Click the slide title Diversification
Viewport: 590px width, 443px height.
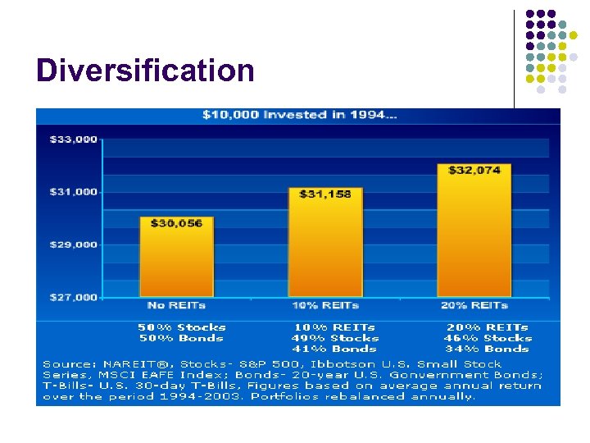tap(145, 71)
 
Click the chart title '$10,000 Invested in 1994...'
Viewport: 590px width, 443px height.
tap(300, 115)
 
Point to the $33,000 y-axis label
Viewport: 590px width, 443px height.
tap(74, 139)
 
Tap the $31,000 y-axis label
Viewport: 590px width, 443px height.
tap(74, 192)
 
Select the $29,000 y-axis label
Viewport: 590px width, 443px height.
tap(74, 244)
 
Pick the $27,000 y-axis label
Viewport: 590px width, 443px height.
tap(74, 297)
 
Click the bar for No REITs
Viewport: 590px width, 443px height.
tap(176, 263)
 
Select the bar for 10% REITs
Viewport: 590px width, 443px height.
tap(325, 246)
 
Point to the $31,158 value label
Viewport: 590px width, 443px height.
tap(325, 194)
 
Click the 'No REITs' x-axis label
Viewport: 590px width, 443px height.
tap(176, 305)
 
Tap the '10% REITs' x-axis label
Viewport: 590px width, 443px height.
tap(325, 305)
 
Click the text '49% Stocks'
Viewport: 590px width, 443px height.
tap(336, 338)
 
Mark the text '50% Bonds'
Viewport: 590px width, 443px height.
tap(181, 338)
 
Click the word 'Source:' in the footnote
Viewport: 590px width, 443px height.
tap(68, 363)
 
